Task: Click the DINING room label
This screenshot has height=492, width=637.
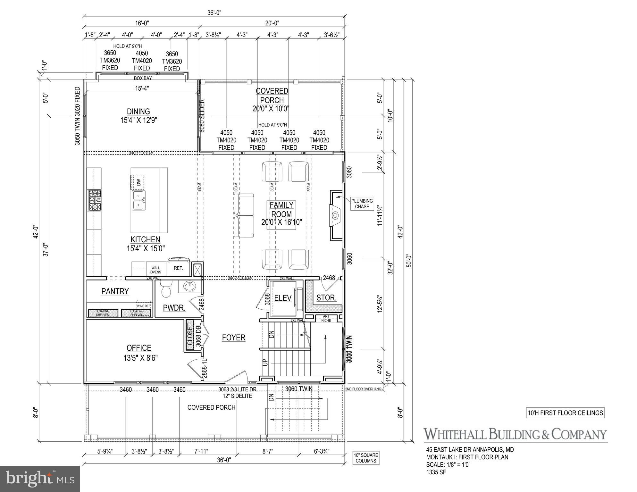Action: [x=138, y=112]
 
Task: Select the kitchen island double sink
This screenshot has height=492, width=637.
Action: [x=138, y=200]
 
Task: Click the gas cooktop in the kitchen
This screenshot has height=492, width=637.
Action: [x=95, y=200]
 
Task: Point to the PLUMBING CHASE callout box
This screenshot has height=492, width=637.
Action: [x=362, y=204]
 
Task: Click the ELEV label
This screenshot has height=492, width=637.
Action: [x=283, y=298]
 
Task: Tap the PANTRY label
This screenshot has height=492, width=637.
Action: [x=115, y=291]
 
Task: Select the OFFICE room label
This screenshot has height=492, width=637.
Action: [x=139, y=348]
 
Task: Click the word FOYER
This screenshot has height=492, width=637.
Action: [x=234, y=338]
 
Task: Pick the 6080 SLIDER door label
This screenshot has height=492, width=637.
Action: [x=202, y=116]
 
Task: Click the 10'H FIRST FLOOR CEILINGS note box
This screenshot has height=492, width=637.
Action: [x=565, y=413]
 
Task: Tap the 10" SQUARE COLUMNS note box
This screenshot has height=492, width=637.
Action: [x=366, y=458]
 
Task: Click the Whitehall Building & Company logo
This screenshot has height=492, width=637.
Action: [x=515, y=434]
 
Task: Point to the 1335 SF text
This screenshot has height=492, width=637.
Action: [x=436, y=472]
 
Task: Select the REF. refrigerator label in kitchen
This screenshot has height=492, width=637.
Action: [x=178, y=268]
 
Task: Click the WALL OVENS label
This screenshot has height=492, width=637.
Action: [x=156, y=270]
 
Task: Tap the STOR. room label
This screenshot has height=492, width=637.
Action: [x=326, y=298]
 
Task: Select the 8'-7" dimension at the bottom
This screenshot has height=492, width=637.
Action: [x=267, y=451]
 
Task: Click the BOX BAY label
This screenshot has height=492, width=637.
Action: [x=143, y=78]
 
